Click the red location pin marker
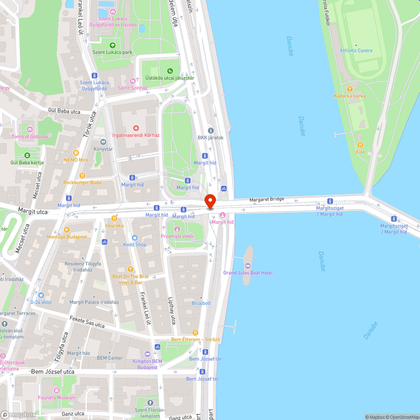pos(210,201)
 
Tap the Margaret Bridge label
pos(267,199)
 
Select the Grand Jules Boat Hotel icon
pos(248,265)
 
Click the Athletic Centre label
pos(356,50)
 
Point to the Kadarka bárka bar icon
pos(349,89)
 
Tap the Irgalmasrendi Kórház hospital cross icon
pos(136,128)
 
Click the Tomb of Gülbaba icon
pos(29,129)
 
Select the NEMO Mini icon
pos(76,153)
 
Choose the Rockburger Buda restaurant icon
pos(82,175)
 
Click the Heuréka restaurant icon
pos(114,218)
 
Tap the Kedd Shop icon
pos(135,237)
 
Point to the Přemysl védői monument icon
pos(177,229)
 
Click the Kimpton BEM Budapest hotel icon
pos(147,354)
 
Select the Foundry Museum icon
pos(57,391)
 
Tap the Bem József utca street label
pos(52,372)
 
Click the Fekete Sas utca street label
pos(87,322)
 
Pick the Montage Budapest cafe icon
pos(66,230)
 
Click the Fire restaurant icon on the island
pos(360,145)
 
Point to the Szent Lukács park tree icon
pos(112,45)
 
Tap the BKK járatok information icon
pos(211,131)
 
